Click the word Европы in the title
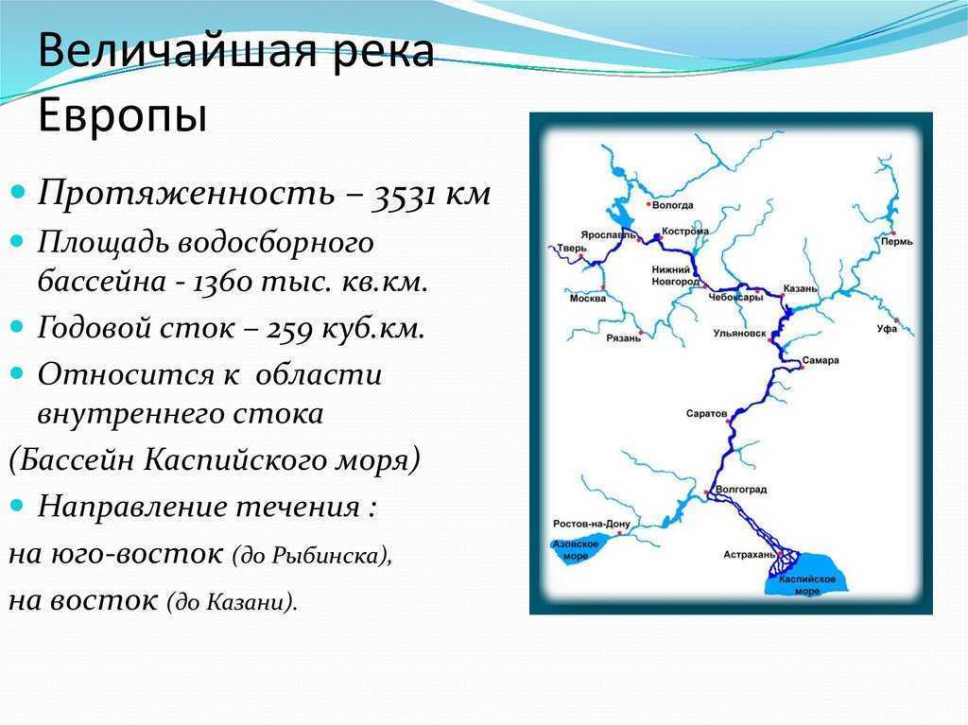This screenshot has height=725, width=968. pos(122,115)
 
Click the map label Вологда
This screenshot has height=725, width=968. pos(673,205)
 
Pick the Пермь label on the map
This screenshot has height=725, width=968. pos(896,242)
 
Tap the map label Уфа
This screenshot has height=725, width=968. pos(887,329)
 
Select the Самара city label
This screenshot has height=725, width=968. pos(821,360)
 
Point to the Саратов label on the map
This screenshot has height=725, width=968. pos(706,414)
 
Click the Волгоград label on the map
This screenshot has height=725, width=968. pos(741,490)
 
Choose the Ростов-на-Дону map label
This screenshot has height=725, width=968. pos(592,525)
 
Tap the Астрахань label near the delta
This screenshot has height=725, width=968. pos(749,555)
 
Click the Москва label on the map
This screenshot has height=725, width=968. pos(588,299)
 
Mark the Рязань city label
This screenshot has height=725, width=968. pos(624,338)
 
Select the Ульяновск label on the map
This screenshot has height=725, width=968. pos(739,334)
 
